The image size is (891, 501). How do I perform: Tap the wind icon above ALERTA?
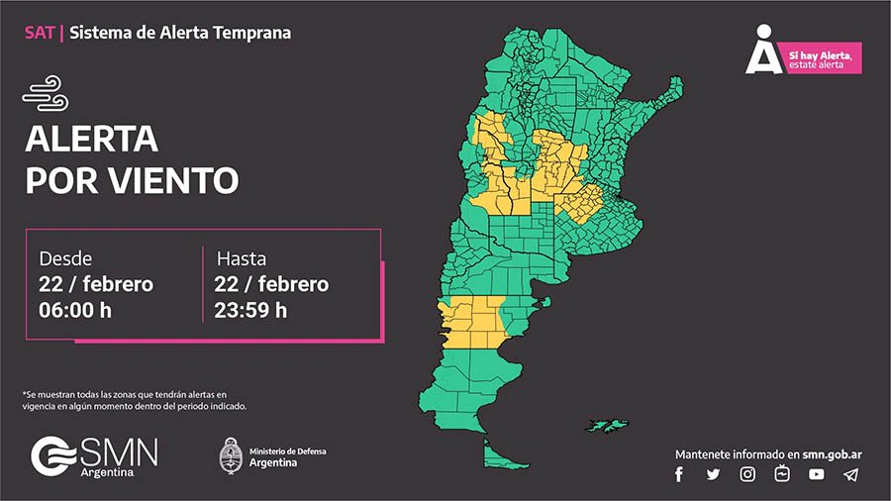point(45,97)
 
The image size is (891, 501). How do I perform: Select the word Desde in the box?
point(66,258)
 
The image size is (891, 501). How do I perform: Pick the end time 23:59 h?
point(250,309)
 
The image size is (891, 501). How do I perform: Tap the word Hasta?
point(242,258)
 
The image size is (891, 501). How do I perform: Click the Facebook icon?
point(679,474)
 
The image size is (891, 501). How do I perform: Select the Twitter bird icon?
point(713,474)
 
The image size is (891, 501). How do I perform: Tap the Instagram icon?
point(747,474)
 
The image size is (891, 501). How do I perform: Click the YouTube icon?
point(816,474)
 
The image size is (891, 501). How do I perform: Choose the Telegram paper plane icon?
point(850,474)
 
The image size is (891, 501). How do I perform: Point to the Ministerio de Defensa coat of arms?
point(230,455)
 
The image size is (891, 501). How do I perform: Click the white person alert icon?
point(764,50)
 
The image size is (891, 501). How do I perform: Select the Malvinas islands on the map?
point(605,425)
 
